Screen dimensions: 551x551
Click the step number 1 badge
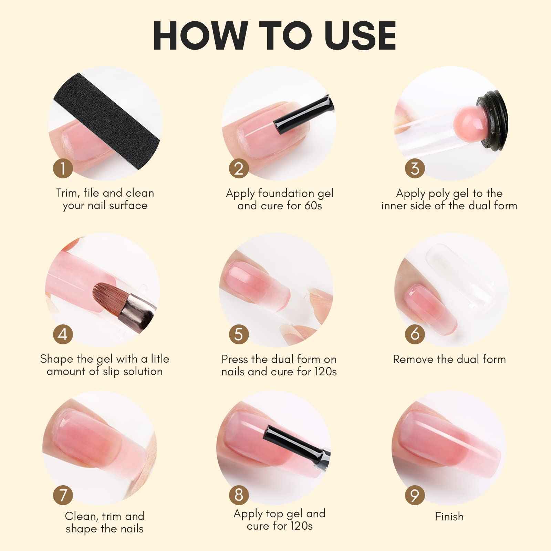pos(63,169)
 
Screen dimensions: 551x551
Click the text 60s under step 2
pos(313,206)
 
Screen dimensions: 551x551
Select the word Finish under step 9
pos(449,517)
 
